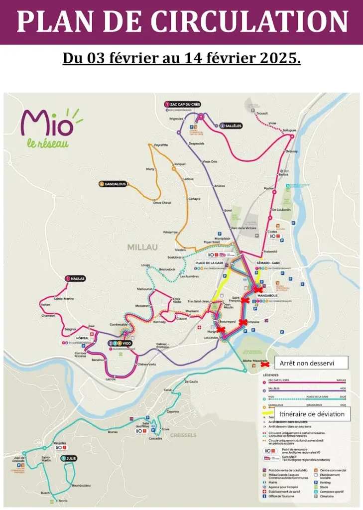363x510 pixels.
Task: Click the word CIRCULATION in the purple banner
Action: coord(249,21)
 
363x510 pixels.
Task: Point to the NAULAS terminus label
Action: coord(77,279)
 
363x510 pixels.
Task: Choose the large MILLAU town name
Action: coord(142,247)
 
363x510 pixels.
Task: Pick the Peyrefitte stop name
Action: coord(161,144)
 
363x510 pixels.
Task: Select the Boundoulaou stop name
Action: coord(80,485)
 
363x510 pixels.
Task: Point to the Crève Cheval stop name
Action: coord(162,203)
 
